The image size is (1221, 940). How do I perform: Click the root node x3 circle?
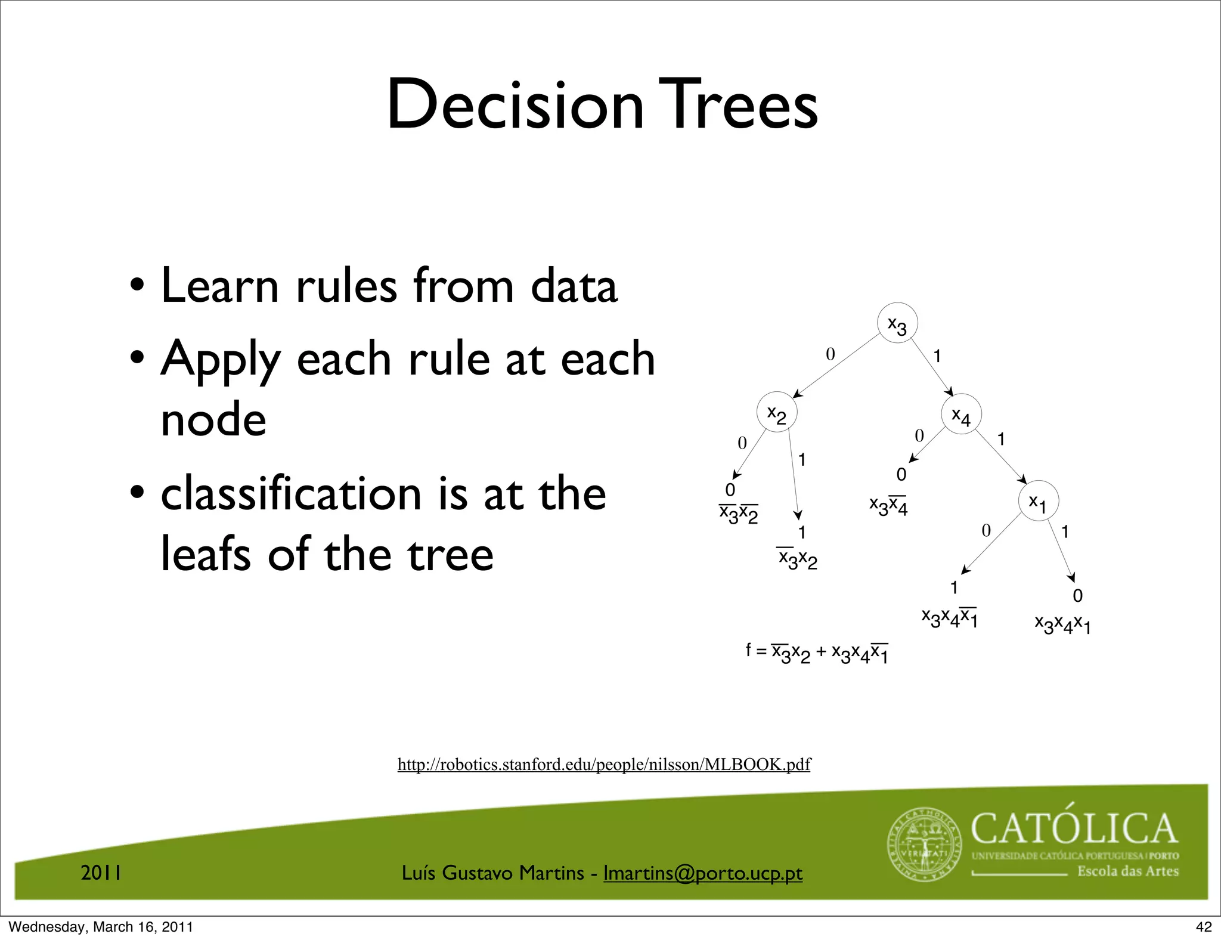[x=897, y=323]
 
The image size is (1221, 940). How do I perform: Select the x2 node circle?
[x=777, y=412]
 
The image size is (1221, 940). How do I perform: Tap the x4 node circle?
[x=961, y=414]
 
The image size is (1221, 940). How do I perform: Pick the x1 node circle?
[x=1038, y=501]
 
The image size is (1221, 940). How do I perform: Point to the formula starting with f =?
[x=817, y=653]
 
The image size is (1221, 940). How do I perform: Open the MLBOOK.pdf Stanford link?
[x=603, y=764]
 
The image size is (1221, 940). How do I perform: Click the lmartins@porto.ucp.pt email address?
[x=702, y=873]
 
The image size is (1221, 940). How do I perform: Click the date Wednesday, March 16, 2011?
[x=101, y=927]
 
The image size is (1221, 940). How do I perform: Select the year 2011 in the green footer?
[x=101, y=873]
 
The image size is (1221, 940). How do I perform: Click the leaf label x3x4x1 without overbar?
[x=1062, y=624]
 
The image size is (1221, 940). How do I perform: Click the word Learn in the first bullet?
[x=220, y=286]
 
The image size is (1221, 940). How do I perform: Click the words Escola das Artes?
[x=1128, y=871]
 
